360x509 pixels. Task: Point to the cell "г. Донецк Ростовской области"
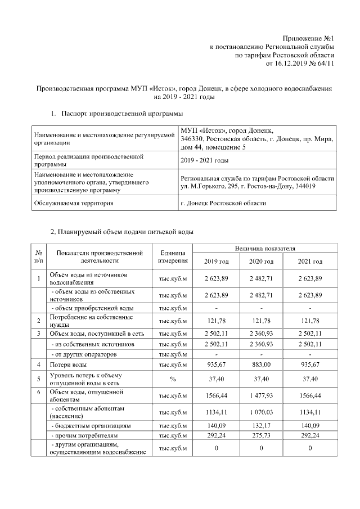pos(223,202)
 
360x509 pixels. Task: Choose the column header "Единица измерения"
pos(173,257)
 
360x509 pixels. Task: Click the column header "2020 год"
pos(261,262)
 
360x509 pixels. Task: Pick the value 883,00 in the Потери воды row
pos(261,364)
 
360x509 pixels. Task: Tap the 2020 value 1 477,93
pos(261,395)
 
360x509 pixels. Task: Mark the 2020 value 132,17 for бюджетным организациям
pos(261,426)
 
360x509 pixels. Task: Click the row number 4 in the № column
pos(39,364)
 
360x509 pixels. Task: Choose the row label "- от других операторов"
pos(84,354)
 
